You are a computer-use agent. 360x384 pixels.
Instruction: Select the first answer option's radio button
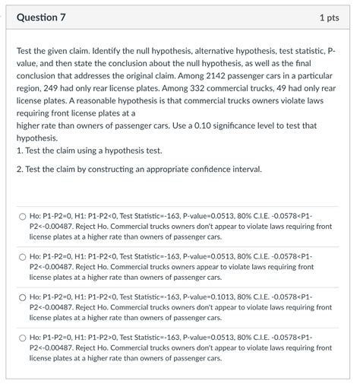23,217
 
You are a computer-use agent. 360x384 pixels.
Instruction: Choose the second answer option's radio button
23,257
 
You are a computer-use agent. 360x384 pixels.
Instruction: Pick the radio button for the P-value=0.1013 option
23,297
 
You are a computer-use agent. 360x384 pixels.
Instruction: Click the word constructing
116,168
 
